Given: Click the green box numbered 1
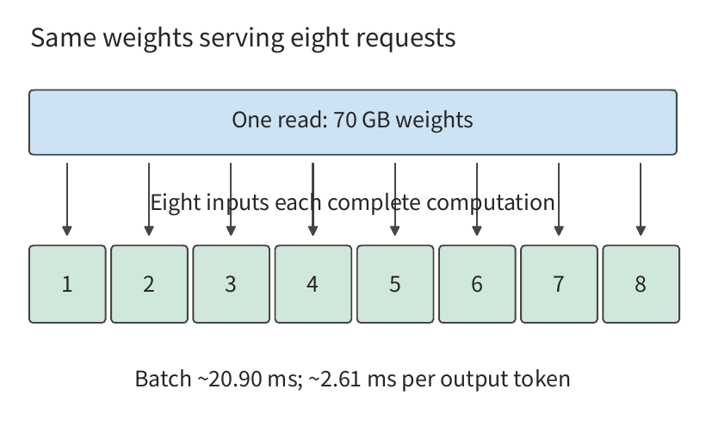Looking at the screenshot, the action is point(67,284).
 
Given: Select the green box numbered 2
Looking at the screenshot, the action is point(150,284).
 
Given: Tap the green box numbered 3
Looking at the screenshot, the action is point(232,284).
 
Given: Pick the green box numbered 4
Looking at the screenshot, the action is point(313,284).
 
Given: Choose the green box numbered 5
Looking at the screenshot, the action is point(395,284).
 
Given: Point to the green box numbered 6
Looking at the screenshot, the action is point(477,284).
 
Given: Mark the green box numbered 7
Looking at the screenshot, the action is point(560,284).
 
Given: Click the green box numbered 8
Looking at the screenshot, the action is point(641,284).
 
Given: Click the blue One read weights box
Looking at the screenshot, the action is point(353,122).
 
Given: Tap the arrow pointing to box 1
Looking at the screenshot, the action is point(67,200).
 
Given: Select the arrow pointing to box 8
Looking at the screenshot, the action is point(641,200).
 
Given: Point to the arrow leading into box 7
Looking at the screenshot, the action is point(559,200).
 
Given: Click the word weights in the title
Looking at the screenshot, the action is point(148,38).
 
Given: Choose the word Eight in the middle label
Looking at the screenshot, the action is point(176,203).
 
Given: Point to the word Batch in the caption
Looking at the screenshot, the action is point(163,379).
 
